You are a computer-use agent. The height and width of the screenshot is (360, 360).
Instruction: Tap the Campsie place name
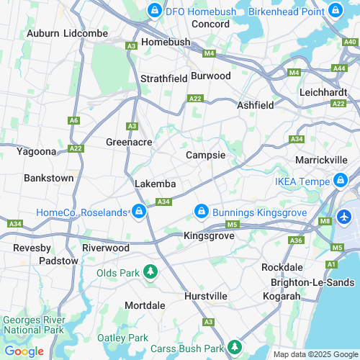(206, 155)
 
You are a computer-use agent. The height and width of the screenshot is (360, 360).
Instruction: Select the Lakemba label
(156, 184)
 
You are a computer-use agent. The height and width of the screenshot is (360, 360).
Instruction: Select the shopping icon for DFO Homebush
(153, 11)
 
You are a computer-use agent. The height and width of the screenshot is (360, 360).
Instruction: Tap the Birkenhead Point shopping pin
(335, 11)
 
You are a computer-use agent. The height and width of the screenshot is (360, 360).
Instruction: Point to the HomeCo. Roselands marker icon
(138, 212)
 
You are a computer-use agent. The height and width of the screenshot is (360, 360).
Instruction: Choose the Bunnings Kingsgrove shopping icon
(202, 212)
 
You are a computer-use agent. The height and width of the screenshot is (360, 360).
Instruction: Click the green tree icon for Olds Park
(150, 271)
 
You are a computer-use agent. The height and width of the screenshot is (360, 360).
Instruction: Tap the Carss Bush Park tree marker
(233, 348)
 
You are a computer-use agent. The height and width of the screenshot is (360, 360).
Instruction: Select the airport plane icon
(344, 216)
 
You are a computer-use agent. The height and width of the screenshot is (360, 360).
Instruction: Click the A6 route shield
(74, 121)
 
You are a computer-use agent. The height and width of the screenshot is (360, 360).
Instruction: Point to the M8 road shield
(324, 221)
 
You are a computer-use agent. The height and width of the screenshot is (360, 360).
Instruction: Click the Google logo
(24, 351)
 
